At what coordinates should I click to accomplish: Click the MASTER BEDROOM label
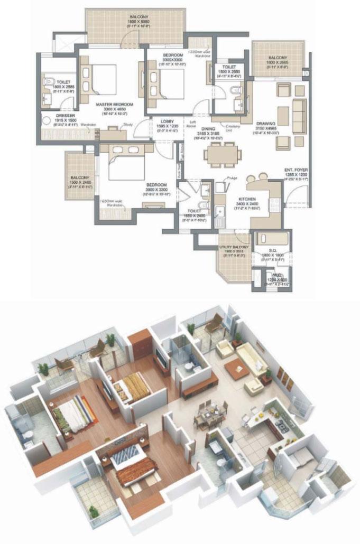click(114, 105)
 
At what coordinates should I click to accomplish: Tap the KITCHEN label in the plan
click(247, 198)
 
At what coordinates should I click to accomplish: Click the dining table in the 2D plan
click(223, 154)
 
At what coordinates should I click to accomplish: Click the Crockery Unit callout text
click(233, 128)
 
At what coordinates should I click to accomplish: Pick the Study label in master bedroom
click(127, 125)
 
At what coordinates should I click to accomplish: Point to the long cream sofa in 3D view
click(252, 357)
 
